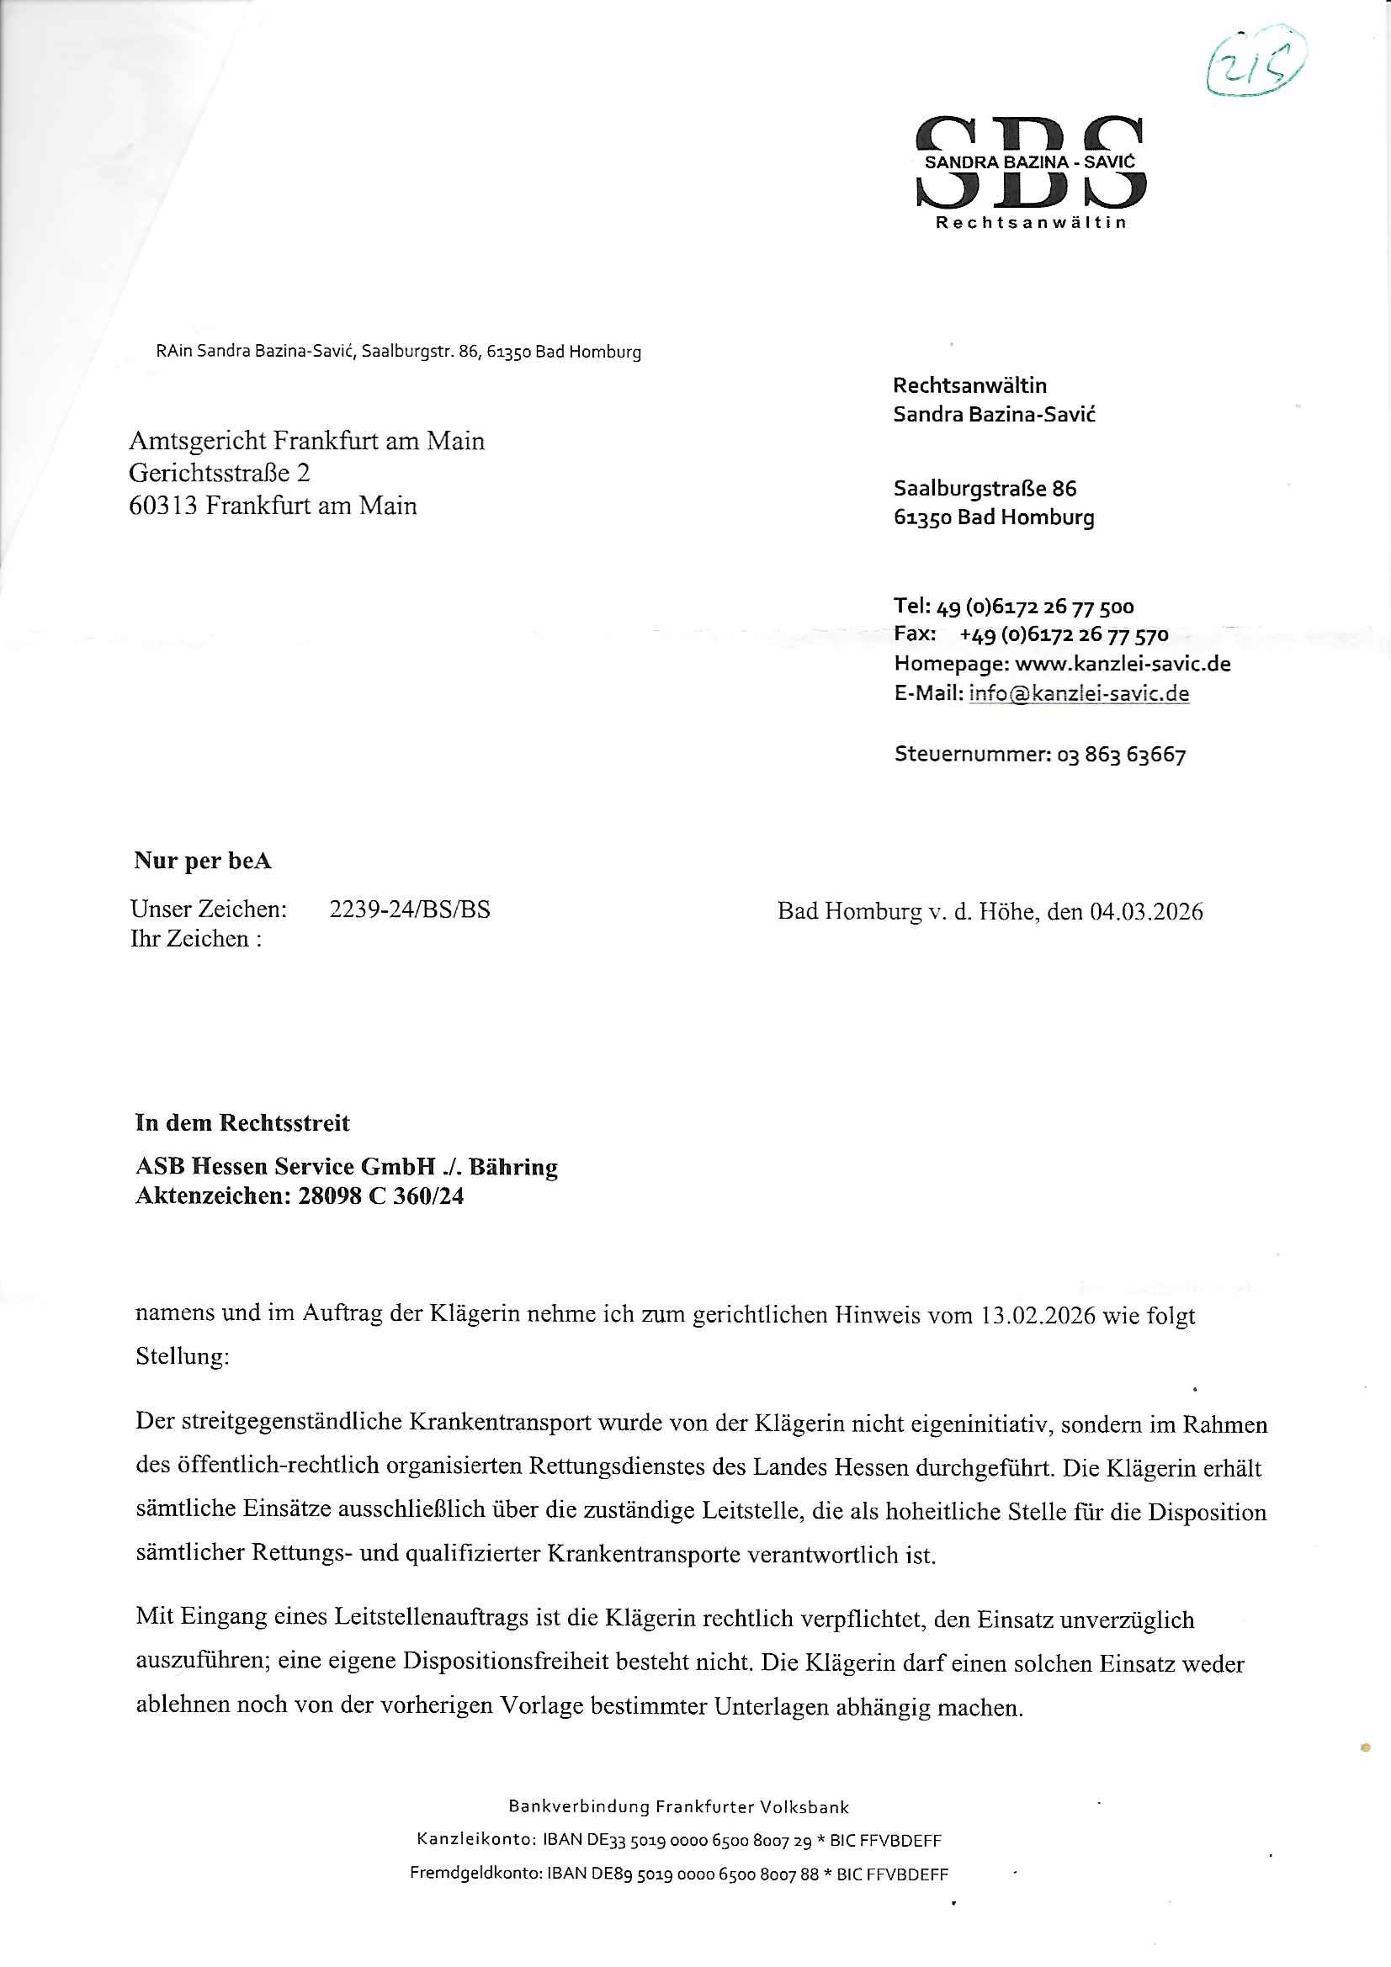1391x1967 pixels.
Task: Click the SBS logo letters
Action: (x=1030, y=162)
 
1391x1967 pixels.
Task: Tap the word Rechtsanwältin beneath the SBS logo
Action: (x=1030, y=224)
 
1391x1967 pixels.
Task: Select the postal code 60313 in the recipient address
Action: (x=164, y=506)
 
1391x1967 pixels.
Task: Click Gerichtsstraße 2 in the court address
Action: (x=220, y=473)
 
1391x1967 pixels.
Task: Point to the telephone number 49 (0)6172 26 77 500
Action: (x=1035, y=607)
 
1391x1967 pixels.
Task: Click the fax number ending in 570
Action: (x=1064, y=636)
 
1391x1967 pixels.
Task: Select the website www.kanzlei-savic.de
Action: (x=1123, y=664)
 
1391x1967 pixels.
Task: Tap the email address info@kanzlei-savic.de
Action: (x=1078, y=693)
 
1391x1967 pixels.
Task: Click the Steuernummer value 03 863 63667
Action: (x=1122, y=756)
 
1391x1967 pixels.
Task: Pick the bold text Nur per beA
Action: (x=202, y=861)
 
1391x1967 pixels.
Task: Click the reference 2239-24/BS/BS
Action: (x=410, y=909)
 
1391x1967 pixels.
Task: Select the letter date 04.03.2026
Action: (x=1146, y=911)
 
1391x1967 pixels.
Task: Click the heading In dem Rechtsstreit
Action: (x=242, y=1123)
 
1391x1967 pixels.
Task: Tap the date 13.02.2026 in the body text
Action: (x=1037, y=1315)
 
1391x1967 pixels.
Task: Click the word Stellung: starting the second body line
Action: (x=183, y=1357)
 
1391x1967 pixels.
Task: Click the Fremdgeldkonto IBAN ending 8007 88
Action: (x=682, y=1874)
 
